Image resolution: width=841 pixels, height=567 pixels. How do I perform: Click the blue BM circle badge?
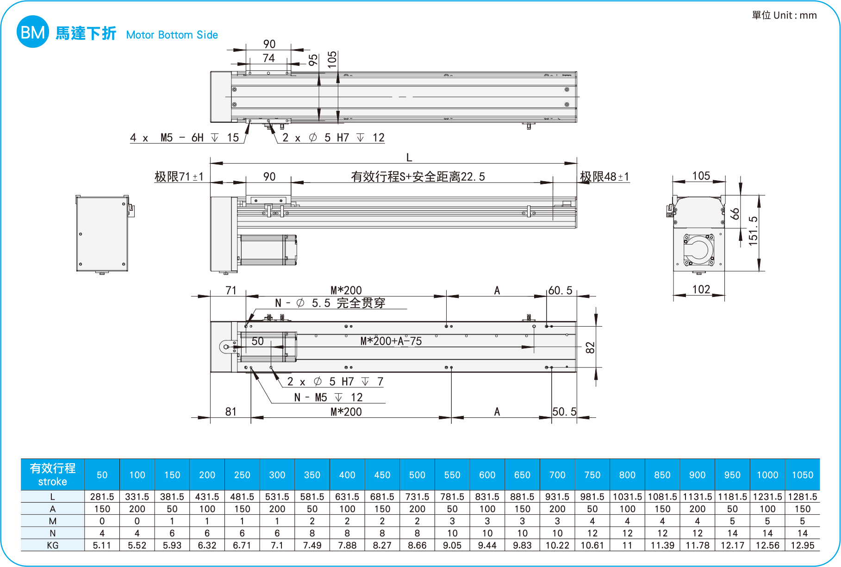[x=32, y=32]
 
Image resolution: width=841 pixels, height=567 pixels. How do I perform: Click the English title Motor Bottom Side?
[x=172, y=35]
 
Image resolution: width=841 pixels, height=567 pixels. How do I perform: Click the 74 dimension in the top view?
[x=268, y=58]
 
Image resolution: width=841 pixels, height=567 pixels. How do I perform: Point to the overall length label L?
[x=409, y=157]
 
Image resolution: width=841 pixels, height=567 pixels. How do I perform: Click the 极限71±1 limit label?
[x=179, y=176]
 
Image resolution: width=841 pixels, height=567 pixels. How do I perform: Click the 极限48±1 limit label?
[x=604, y=176]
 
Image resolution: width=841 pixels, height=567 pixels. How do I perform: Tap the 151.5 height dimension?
[x=753, y=231]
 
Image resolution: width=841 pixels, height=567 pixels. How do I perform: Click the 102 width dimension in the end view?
[x=701, y=290]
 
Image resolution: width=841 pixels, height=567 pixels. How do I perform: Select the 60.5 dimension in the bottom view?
[x=560, y=290]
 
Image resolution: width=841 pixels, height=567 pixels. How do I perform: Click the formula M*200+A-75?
[x=391, y=341]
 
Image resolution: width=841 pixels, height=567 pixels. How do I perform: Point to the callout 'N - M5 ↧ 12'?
[x=329, y=397]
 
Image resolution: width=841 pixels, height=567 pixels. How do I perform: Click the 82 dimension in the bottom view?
[x=590, y=347]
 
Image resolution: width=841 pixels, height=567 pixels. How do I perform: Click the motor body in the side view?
[x=268, y=250]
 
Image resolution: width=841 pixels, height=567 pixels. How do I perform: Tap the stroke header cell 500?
[x=417, y=475]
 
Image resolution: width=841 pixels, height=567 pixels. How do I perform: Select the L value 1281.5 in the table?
[x=802, y=497]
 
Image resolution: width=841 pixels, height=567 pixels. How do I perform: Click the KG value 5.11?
[x=102, y=545]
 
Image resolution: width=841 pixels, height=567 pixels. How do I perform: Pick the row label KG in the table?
[x=52, y=545]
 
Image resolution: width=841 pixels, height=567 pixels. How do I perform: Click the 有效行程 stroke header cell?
[x=52, y=474]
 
